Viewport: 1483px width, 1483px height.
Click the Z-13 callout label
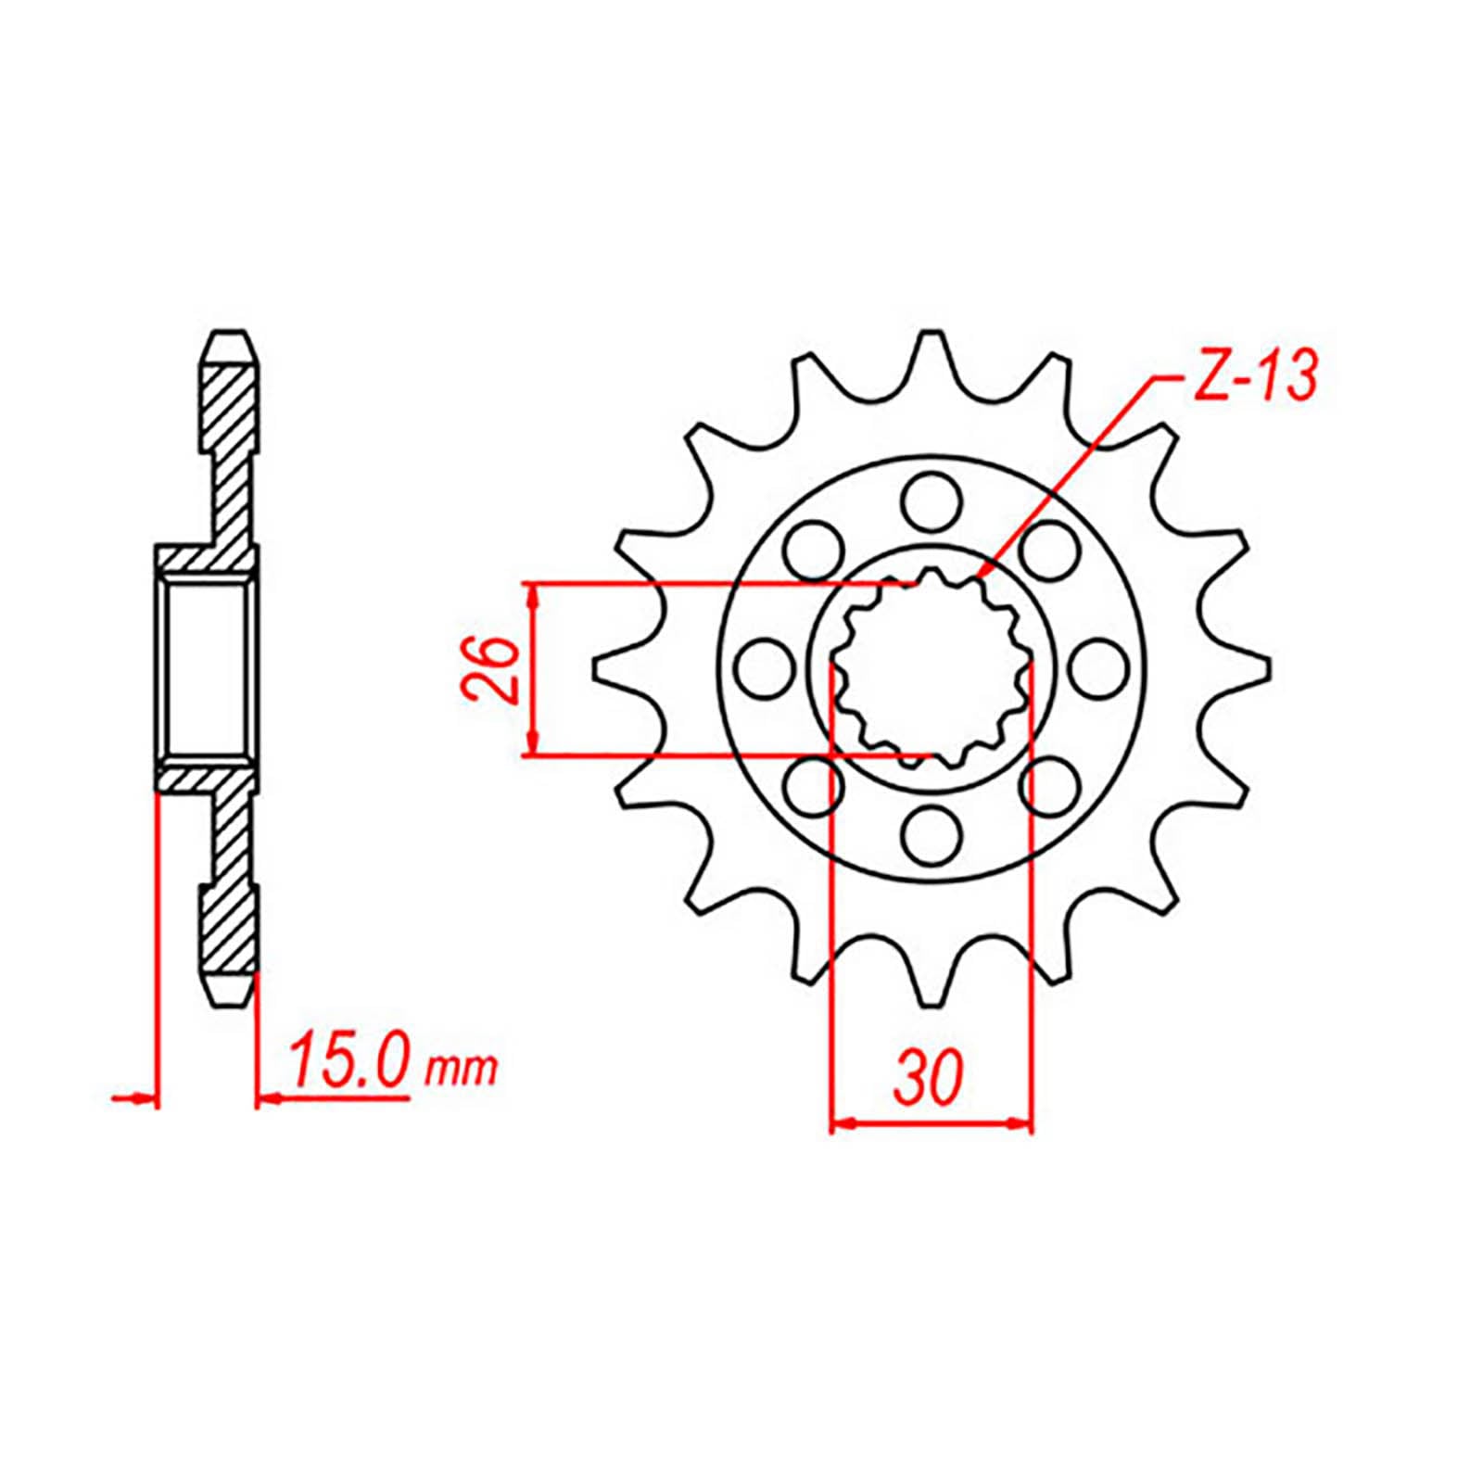[1251, 375]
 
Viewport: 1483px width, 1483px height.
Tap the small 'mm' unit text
[461, 1071]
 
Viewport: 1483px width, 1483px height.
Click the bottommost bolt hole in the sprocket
[932, 833]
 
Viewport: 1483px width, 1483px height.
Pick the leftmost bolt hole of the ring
[766, 668]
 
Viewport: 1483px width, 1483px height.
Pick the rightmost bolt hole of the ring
[1096, 668]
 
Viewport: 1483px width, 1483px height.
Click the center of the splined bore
[931, 669]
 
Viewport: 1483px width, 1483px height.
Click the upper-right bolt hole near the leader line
[1049, 551]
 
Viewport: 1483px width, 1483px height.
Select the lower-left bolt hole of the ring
[814, 786]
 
